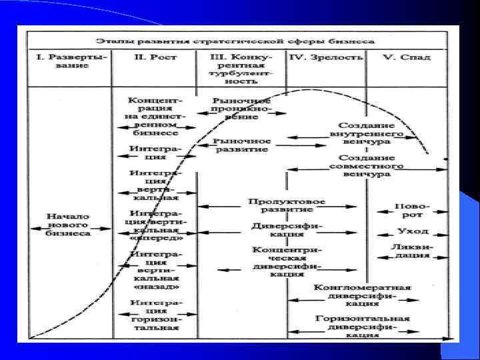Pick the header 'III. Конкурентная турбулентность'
click(x=241, y=67)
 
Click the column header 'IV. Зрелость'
click(x=327, y=57)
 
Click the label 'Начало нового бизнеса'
click(x=69, y=225)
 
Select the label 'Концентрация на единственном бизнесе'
click(x=154, y=115)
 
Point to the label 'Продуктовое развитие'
click(x=287, y=205)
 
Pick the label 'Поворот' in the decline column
click(x=411, y=211)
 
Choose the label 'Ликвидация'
click(x=412, y=251)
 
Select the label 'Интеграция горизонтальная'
click(x=154, y=315)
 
